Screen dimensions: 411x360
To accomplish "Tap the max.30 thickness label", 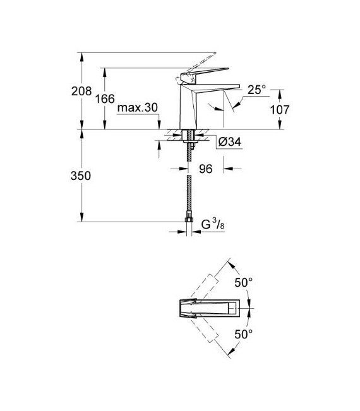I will coord(137,108).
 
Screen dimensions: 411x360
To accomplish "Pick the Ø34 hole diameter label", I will coord(229,142).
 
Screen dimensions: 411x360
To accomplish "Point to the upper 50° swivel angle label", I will coord(243,282).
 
